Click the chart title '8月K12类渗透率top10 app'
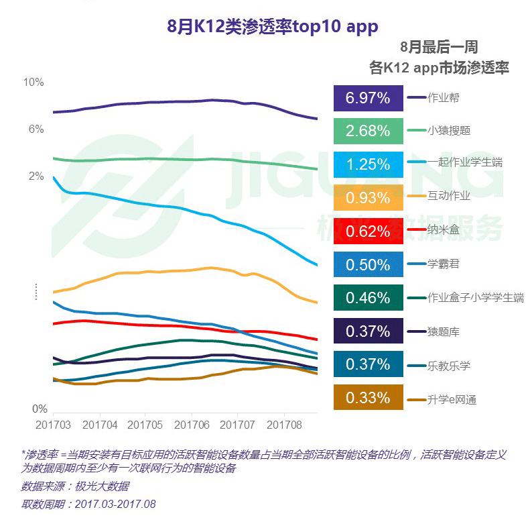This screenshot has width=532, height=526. (272, 26)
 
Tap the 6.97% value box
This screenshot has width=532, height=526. (368, 98)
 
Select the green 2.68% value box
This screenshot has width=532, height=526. (368, 131)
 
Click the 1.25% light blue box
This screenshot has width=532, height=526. (368, 164)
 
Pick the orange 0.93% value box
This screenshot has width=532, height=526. (368, 198)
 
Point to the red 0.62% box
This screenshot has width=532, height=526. (368, 231)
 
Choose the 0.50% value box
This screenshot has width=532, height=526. (368, 264)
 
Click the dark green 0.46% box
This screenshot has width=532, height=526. (368, 298)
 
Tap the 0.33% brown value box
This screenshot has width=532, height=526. (368, 398)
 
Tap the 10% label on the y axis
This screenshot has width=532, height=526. (34, 83)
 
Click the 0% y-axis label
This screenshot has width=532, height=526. (40, 409)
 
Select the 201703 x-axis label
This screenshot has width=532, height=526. (54, 425)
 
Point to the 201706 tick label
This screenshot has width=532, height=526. (192, 425)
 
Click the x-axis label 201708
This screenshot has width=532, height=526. (283, 425)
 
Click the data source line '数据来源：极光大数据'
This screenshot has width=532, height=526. (75, 486)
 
